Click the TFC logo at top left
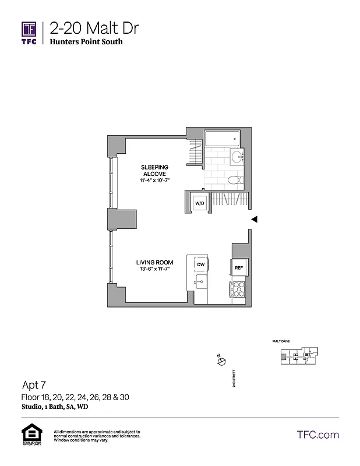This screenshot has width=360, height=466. pyautogui.click(x=29, y=32)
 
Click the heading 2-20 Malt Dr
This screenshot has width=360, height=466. pyautogui.click(x=94, y=27)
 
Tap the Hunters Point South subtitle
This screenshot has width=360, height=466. pyautogui.click(x=86, y=42)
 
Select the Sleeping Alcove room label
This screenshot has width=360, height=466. pyautogui.click(x=154, y=171)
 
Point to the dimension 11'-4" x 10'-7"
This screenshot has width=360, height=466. pyautogui.click(x=154, y=181)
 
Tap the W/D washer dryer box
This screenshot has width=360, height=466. pyautogui.click(x=200, y=204)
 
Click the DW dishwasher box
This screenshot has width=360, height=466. pyautogui.click(x=200, y=264)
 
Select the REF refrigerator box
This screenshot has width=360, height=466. pyautogui.click(x=239, y=268)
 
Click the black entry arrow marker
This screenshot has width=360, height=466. pyautogui.click(x=254, y=219)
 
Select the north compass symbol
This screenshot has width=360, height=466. pyautogui.click(x=221, y=361)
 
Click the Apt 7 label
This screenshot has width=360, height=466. pyautogui.click(x=34, y=384)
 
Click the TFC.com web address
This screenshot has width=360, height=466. pyautogui.click(x=317, y=435)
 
